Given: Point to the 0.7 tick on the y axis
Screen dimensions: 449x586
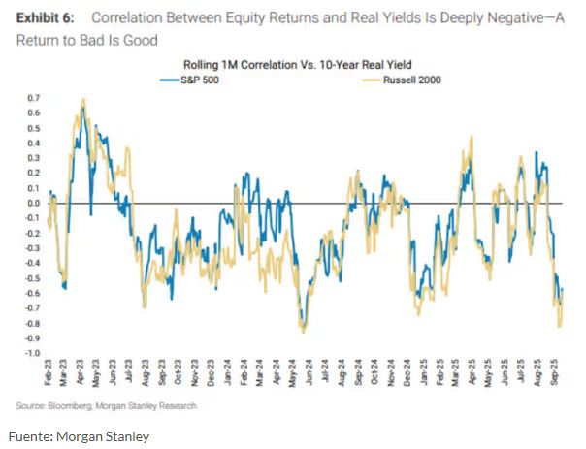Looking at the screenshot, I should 33,98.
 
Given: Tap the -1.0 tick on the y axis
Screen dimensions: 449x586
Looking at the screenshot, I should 32,353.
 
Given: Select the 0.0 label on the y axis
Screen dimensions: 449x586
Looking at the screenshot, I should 33,203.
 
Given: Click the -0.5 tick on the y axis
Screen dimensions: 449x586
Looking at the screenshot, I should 32,278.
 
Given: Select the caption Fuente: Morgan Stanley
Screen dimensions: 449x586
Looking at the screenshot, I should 82,436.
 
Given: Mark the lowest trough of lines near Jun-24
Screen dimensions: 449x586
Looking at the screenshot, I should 303,331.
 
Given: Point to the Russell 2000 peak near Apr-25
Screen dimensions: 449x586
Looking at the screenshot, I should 472,137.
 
